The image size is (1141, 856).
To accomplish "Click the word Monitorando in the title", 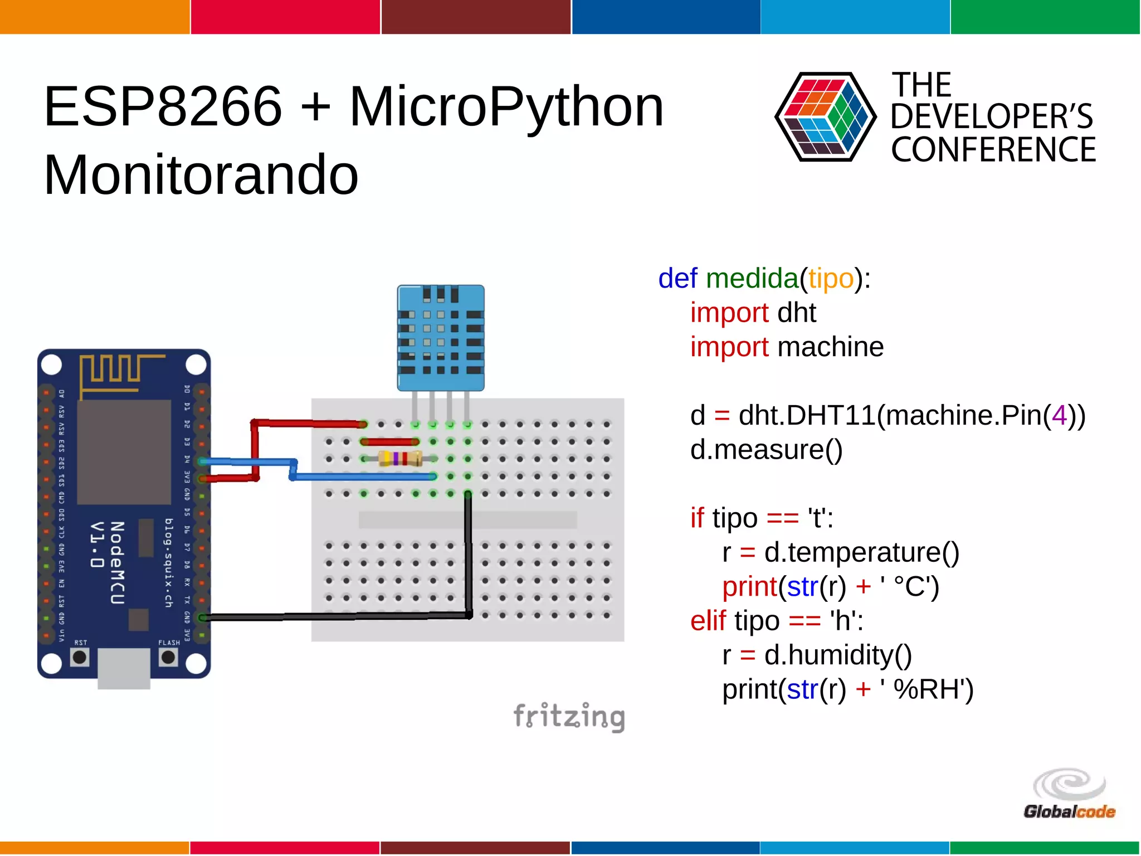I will point(201,175).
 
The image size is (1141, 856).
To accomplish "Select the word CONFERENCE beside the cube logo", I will point(993,150).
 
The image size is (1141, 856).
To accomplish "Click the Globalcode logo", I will point(1069,794).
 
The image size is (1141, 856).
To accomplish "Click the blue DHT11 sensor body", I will point(440,338).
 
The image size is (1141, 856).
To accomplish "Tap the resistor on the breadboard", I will point(399,459).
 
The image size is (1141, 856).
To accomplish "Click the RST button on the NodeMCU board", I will point(80,657).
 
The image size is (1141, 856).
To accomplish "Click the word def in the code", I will point(677,278).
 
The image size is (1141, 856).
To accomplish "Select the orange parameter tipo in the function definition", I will point(831,278).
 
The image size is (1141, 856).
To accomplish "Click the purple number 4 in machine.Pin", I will point(1059,415).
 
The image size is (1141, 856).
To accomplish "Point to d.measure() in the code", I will point(766,450).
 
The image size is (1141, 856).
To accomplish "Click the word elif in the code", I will point(708,621).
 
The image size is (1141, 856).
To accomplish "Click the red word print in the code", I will point(749,587).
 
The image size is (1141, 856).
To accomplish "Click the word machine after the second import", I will point(830,347).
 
